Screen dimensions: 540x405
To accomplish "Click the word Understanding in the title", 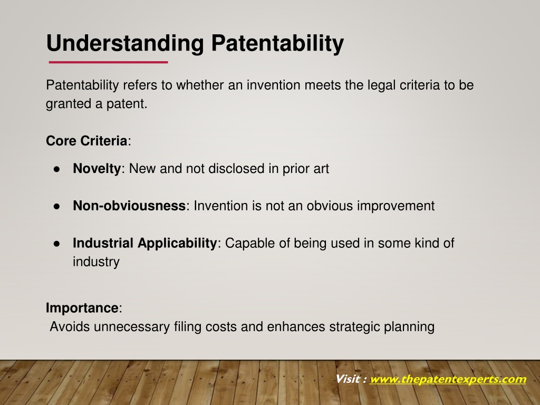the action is (x=125, y=44).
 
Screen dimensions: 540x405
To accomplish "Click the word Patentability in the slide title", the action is (x=277, y=43).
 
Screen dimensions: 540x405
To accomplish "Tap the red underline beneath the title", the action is (x=109, y=62).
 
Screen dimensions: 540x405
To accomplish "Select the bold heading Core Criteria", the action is (x=86, y=141).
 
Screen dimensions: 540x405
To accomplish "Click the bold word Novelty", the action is (x=97, y=169).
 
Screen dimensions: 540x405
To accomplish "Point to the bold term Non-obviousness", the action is (x=129, y=206).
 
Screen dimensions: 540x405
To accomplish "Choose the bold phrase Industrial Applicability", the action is (x=144, y=243).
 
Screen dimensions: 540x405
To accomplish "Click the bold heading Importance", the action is (x=82, y=308).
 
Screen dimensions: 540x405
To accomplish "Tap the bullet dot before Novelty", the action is (x=57, y=169).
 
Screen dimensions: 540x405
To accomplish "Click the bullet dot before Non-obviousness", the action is (x=57, y=207).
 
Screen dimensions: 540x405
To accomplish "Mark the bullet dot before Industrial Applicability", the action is (x=57, y=244).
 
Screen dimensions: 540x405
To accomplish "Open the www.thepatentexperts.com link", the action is (x=448, y=379).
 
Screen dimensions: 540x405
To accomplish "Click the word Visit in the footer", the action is (x=348, y=379).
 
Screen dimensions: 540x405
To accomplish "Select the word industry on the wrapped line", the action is (x=96, y=262).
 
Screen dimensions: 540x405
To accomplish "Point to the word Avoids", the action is (x=70, y=326).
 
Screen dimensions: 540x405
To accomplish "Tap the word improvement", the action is (x=396, y=206).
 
